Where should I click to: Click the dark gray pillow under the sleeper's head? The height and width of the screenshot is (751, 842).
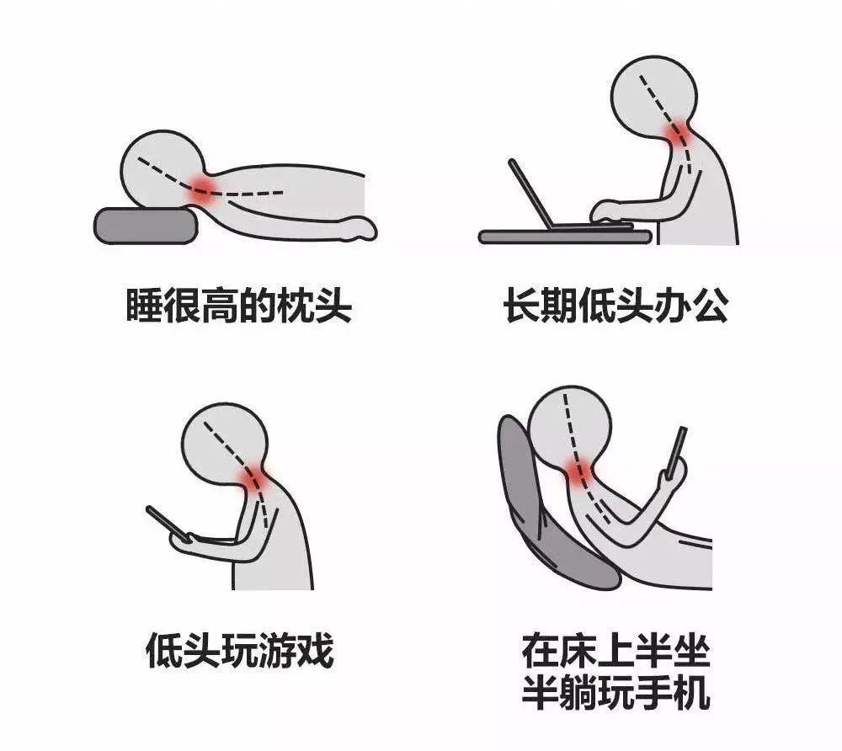pos(146,226)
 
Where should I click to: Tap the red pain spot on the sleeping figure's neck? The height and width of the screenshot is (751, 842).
pos(203,189)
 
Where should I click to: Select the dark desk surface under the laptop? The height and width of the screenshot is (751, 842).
pos(565,237)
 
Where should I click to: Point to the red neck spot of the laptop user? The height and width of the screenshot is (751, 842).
pos(678,132)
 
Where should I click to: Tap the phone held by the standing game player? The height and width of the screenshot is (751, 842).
pos(168,524)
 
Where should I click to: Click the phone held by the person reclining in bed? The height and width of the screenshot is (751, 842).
pos(677,451)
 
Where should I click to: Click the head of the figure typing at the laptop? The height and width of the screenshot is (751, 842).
pos(654,98)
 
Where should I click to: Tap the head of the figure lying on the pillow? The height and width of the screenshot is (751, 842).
pos(163,169)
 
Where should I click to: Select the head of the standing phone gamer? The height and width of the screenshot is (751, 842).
pos(225,445)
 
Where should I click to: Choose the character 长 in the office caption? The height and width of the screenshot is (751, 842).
pos(522,306)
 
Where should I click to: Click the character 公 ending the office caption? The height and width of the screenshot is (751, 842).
pos(711,306)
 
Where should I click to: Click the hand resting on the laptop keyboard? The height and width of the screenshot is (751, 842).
pos(607,211)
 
